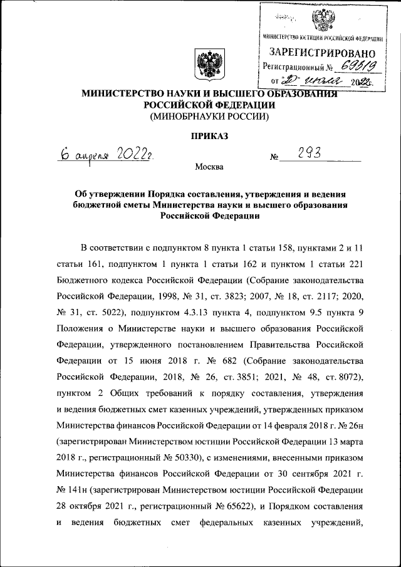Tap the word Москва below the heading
click(209, 167)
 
